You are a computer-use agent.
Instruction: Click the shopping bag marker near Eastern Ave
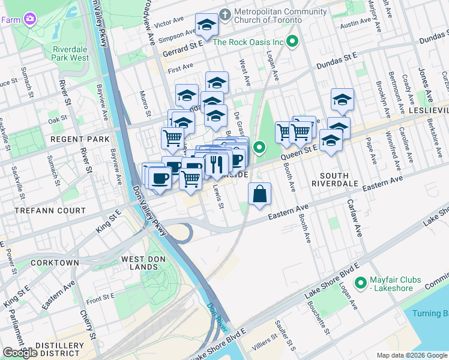259,194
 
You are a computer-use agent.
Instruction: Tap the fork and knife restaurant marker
215,164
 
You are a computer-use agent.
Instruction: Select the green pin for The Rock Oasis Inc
292,42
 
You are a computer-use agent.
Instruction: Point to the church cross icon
225,14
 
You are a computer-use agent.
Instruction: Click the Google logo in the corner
20,353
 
